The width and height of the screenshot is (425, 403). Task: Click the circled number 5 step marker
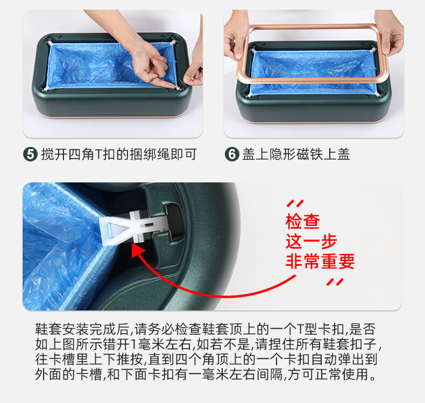pos(30,154)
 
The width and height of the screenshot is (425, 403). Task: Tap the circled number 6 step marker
pos(232,154)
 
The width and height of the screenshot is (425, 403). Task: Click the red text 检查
pos(303,222)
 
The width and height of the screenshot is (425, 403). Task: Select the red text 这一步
pos(311,241)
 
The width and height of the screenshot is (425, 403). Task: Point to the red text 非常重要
pos(320,261)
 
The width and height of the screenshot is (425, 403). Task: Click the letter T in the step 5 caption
pos(98,155)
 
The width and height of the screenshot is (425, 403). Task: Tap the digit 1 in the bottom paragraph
pos(133,344)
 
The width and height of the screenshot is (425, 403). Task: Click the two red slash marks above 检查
pos(295,203)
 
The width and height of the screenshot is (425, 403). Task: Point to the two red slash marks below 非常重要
pos(335,282)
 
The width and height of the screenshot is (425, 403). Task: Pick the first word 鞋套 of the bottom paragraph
pos(48,329)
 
